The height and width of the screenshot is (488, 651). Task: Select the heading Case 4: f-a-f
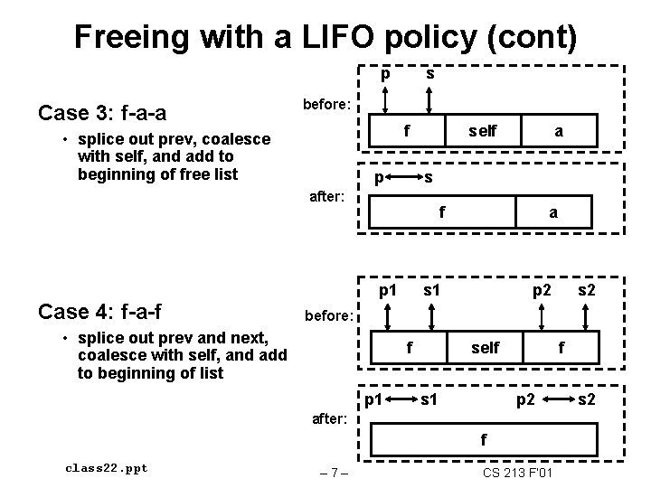click(99, 313)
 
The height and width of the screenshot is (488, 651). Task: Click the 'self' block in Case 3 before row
click(482, 131)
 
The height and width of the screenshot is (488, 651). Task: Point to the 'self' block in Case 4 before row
click(486, 348)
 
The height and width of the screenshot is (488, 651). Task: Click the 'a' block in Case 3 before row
click(559, 131)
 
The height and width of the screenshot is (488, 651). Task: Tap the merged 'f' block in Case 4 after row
click(484, 440)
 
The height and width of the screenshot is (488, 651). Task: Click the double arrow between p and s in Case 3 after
click(403, 178)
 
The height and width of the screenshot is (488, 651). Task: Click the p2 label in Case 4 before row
click(542, 291)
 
